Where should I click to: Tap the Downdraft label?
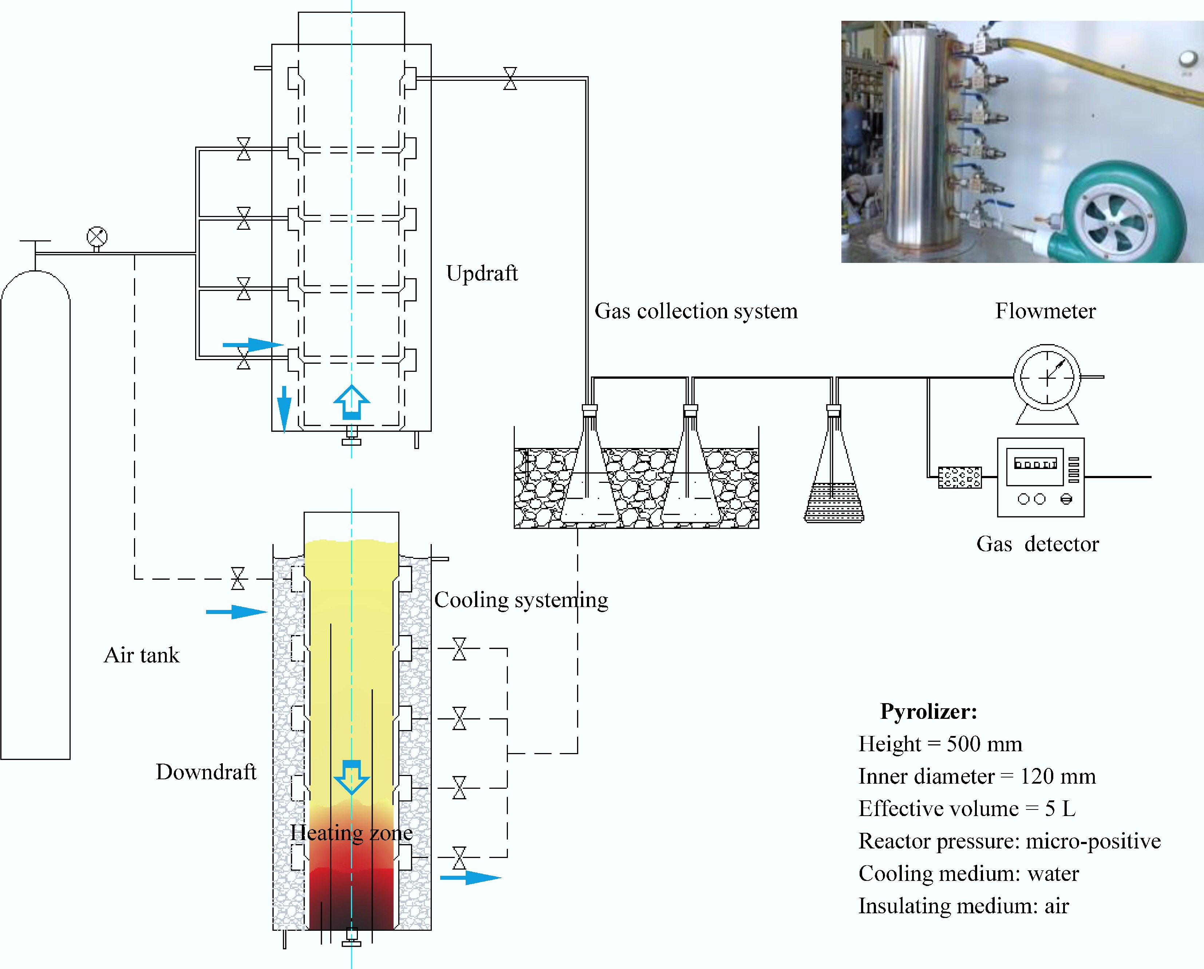(205, 772)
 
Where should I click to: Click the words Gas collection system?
(696, 311)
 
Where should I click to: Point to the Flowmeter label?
(1045, 311)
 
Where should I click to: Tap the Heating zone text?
(351, 833)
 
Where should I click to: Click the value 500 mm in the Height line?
(984, 744)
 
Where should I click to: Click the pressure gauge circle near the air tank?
(96, 237)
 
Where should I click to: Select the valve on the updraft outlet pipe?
(510, 79)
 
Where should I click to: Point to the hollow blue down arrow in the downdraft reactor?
(351, 777)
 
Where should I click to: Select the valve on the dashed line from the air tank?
(238, 579)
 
